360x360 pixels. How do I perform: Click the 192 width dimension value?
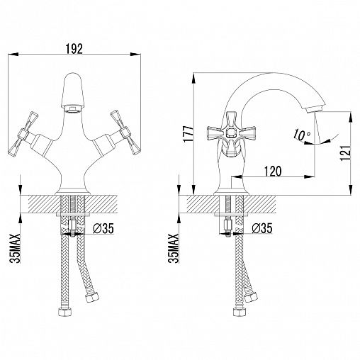point(74,49)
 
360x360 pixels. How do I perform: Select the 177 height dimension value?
point(189,134)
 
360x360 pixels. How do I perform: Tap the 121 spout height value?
point(345,153)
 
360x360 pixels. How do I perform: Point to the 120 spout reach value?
point(273,171)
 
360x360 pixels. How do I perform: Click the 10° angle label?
point(302,135)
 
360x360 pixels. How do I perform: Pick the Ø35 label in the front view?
point(103,228)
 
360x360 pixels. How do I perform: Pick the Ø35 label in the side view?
point(262,228)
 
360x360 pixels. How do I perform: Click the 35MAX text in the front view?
point(15,249)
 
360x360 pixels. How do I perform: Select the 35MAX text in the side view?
point(173,249)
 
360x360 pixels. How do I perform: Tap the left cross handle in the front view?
point(23,133)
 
